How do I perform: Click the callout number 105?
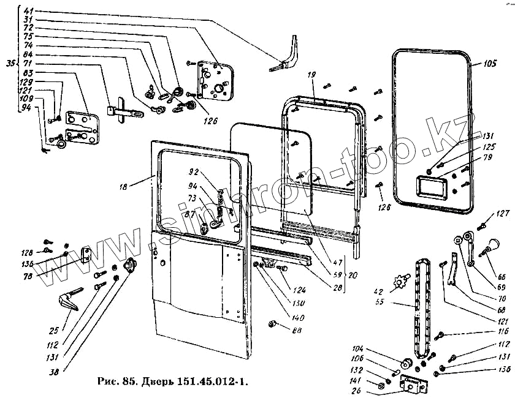(x=489, y=63)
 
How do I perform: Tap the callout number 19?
(x=311, y=74)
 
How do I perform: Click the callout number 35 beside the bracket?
(x=10, y=63)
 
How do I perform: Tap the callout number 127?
(x=503, y=214)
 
